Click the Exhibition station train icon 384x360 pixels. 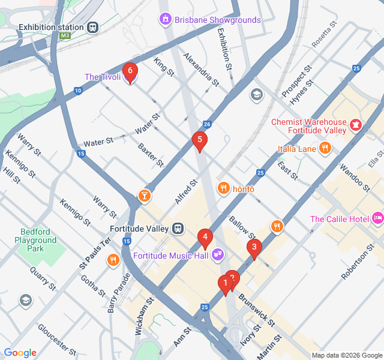click(x=93, y=27)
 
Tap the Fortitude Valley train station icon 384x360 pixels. click(x=178, y=229)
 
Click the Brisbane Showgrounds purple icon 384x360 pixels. click(x=165, y=20)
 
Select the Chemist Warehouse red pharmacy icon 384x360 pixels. click(x=356, y=125)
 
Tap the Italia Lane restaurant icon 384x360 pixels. click(x=325, y=148)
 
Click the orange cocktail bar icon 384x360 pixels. click(x=144, y=196)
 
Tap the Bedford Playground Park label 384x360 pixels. click(x=37, y=240)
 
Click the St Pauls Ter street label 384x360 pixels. click(x=96, y=253)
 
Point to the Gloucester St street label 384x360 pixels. click(x=56, y=339)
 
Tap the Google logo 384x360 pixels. click(x=20, y=353)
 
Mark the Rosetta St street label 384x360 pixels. click(x=325, y=37)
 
